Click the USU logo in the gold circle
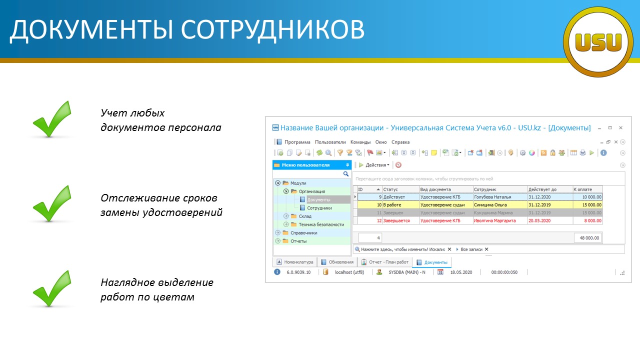tap(598, 42)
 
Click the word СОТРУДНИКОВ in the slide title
tap(272, 29)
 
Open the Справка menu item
tap(400, 142)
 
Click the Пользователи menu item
tap(330, 142)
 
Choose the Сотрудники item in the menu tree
tap(319, 208)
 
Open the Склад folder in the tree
tap(305, 216)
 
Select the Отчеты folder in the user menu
tap(298, 241)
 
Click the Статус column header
tap(390, 189)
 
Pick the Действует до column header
tap(542, 189)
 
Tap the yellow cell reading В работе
tap(392, 205)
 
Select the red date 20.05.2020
tap(539, 220)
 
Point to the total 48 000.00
tap(589, 238)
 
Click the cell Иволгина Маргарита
tap(495, 220)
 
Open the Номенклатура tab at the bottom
tap(295, 262)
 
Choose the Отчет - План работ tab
tap(385, 262)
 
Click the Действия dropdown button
tap(374, 165)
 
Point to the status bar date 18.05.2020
tap(461, 272)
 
